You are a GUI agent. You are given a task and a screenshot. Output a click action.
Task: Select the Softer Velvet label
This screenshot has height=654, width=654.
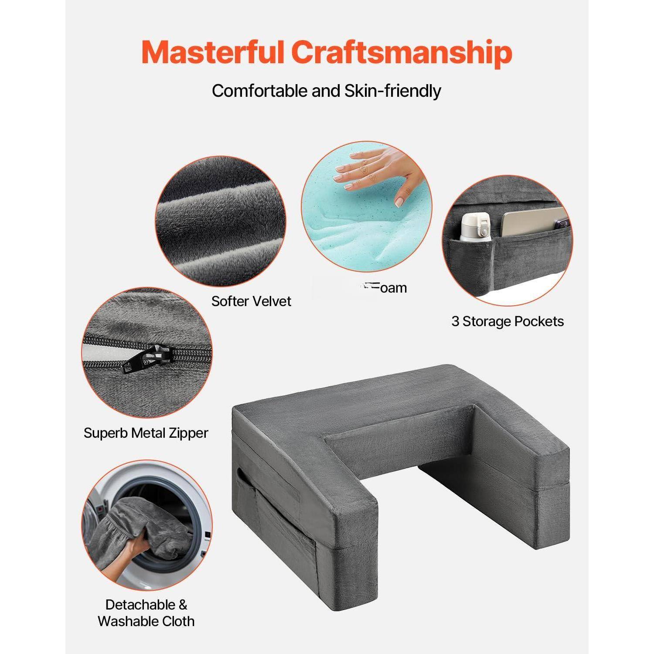click(x=251, y=301)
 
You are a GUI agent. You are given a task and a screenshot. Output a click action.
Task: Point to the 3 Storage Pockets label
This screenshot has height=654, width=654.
click(x=508, y=321)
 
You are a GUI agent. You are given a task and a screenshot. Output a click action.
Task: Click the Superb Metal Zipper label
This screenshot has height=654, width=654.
click(x=146, y=433)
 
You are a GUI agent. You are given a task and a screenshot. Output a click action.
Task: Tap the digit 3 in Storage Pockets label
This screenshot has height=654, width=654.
click(x=455, y=321)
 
